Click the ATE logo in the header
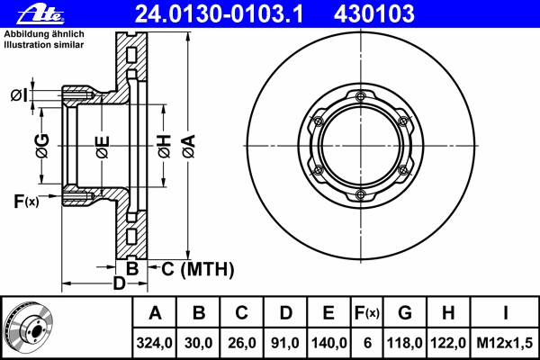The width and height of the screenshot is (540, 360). pyautogui.click(x=40, y=14)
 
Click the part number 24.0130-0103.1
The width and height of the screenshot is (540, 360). pyautogui.click(x=220, y=14)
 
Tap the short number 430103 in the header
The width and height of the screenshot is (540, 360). pyautogui.click(x=374, y=14)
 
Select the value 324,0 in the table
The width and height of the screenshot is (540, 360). pyautogui.click(x=154, y=343)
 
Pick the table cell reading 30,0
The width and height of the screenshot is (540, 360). pyautogui.click(x=198, y=343)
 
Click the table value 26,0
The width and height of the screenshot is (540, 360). pyautogui.click(x=242, y=343)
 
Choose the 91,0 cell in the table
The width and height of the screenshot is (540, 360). pyautogui.click(x=285, y=343)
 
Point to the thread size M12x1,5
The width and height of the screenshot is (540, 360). pyautogui.click(x=505, y=343)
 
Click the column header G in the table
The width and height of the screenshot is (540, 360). pyautogui.click(x=405, y=313)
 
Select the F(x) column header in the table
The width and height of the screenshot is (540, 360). pyautogui.click(x=367, y=313)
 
